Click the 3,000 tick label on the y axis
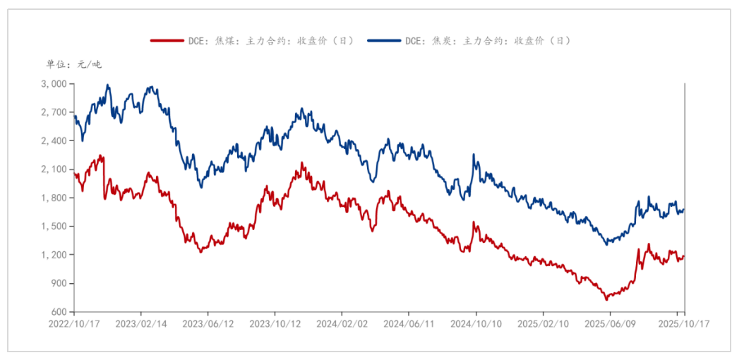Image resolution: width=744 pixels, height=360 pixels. pyautogui.click(x=54, y=84)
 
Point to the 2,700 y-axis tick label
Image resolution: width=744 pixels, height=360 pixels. pyautogui.click(x=54, y=112)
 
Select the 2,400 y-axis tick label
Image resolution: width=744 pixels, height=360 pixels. pyautogui.click(x=54, y=141)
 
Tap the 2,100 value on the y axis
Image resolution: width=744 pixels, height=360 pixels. pyautogui.click(x=54, y=169)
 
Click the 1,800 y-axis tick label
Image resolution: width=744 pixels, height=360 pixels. pyautogui.click(x=54, y=198)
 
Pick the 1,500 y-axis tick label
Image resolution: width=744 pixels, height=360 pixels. pyautogui.click(x=54, y=227)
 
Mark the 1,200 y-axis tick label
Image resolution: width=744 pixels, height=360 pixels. pyautogui.click(x=54, y=255)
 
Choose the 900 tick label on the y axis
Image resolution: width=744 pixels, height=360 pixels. pyautogui.click(x=59, y=284)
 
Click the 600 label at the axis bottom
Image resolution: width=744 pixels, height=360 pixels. pyautogui.click(x=59, y=312)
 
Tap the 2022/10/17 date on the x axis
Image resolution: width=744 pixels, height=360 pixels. pyautogui.click(x=74, y=323)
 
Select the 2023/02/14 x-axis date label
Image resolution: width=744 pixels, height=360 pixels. pyautogui.click(x=140, y=323)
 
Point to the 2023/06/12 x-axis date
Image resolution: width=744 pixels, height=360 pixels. pyautogui.click(x=208, y=323)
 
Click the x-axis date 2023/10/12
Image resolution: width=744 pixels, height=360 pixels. pyautogui.click(x=275, y=323)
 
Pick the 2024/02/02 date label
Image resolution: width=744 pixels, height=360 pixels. pyautogui.click(x=342, y=323)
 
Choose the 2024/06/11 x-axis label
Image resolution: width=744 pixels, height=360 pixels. pyautogui.click(x=409, y=323)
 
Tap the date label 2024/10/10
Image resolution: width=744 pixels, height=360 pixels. pyautogui.click(x=476, y=323)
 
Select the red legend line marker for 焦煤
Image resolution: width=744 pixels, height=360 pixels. pyautogui.click(x=167, y=41)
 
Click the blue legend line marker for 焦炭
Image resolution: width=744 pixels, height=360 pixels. pyautogui.click(x=383, y=41)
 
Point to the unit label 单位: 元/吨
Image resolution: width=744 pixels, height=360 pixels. pyautogui.click(x=73, y=64)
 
